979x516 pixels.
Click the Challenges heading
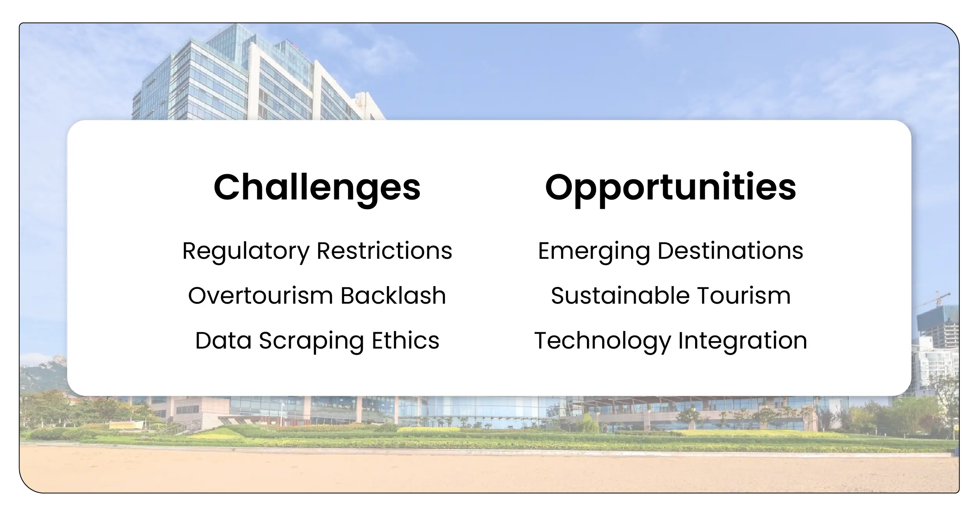click(317, 188)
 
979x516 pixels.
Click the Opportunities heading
click(670, 188)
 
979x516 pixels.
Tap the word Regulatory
click(246, 251)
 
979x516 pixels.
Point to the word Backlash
click(393, 295)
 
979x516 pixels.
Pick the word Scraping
click(311, 341)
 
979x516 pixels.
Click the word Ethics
click(405, 340)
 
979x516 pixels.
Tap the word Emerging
click(594, 251)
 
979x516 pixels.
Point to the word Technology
click(602, 341)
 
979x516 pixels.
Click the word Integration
click(742, 341)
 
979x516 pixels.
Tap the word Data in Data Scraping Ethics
click(223, 340)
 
